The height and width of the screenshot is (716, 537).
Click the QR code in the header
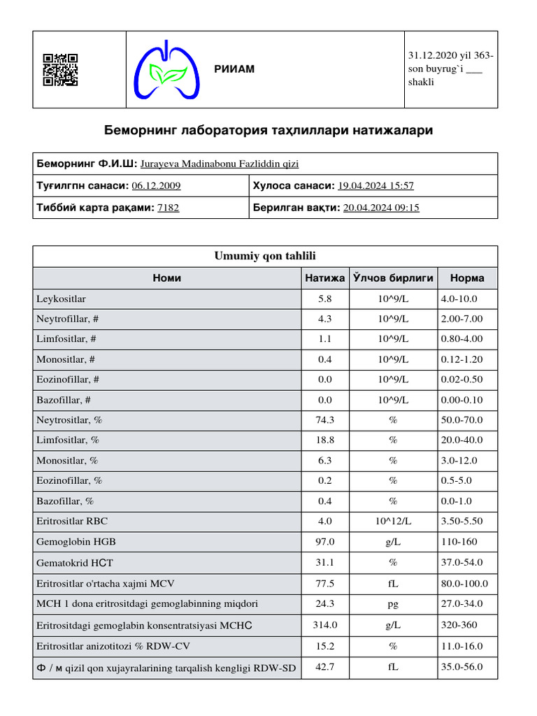(60, 70)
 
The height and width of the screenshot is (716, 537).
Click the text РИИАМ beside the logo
(234, 69)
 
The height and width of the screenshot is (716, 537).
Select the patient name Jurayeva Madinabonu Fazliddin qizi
(220, 164)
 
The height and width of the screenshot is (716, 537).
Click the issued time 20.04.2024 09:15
(381, 208)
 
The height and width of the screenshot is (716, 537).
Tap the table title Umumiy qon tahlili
(265, 256)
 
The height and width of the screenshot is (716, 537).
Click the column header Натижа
(324, 278)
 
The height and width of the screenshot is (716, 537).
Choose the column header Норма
(467, 278)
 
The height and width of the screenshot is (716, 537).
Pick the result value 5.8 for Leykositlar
(324, 299)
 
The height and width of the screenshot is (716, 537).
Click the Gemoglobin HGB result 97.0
(324, 542)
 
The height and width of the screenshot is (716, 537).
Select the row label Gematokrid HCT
(76, 563)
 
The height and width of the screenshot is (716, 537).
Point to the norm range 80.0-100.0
(464, 584)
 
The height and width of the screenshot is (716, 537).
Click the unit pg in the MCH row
(393, 604)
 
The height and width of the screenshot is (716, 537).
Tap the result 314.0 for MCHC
(324, 625)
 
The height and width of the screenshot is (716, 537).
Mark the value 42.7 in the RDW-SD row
(324, 667)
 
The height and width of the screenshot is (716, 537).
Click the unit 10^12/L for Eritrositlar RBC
(393, 522)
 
